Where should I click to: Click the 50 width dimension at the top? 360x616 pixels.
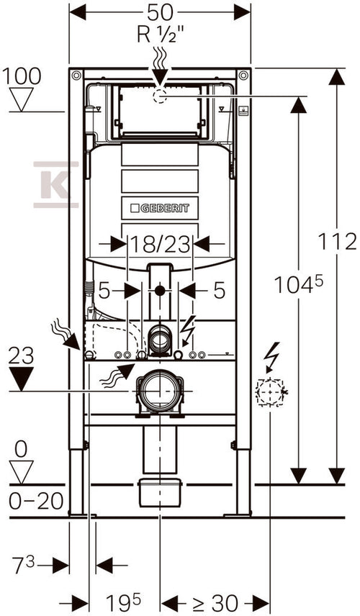coord(160,12)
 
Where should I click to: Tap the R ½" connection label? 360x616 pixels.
coord(161,35)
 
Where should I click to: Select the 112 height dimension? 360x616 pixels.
coord(337,241)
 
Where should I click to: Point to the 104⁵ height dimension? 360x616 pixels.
coord(298,284)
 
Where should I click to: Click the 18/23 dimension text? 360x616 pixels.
coord(160,245)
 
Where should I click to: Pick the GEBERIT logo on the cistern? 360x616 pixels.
coord(160,208)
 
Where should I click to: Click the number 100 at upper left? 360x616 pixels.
coord(22,76)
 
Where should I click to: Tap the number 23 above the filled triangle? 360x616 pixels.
coord(21,356)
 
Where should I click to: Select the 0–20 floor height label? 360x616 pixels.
coord(36,501)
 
